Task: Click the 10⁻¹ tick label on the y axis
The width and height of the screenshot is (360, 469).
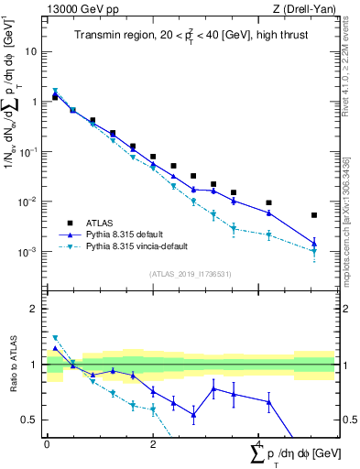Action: click(28, 151)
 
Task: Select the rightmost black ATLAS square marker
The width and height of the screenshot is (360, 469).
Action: click(314, 215)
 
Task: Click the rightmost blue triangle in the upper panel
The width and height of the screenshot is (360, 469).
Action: click(314, 244)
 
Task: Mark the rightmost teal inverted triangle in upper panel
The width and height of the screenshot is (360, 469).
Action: click(314, 252)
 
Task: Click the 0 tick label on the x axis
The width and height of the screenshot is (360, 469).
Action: click(47, 443)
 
